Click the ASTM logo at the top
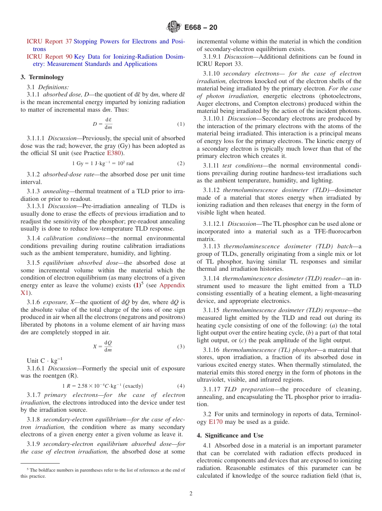174,27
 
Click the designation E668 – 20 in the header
201,27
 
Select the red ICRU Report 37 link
49,41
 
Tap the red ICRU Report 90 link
49,57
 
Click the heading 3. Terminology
42,77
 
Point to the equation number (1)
181,124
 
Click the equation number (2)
181,164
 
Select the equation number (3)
181,346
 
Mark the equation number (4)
181,386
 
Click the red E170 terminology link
216,422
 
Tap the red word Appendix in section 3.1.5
172,285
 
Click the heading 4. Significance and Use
230,435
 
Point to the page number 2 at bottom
191,494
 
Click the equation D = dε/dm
103,124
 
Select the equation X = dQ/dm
103,346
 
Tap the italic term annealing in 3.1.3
56,191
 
